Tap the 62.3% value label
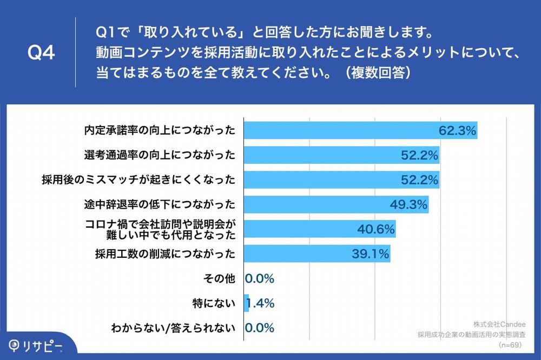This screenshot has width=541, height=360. pos(457,130)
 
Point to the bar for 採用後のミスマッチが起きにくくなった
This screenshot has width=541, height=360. pos(341,179)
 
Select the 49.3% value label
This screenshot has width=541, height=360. pos(408,204)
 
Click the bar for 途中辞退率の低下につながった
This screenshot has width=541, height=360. pos(335,204)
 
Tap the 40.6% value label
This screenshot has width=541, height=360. pos(375,229)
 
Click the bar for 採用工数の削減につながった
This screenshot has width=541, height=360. pos(316,254)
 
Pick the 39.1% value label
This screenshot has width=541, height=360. pos(370,254)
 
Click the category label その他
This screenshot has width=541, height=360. pos(219,279)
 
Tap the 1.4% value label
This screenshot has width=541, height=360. pos(261,303)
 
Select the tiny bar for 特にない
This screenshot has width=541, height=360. pos(246,303)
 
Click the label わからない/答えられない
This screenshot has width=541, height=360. pos(173,328)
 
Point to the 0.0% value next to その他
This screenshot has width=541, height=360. pos(260,279)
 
